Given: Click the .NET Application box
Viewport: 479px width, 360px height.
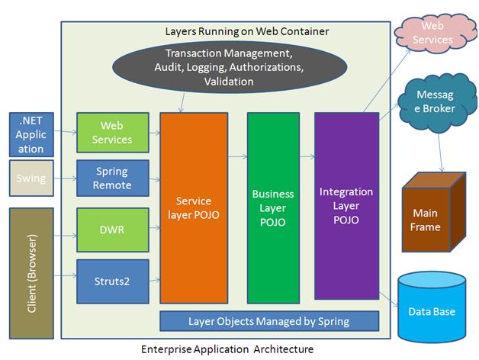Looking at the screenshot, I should tap(31, 133).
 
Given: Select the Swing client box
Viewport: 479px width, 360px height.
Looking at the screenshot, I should tap(31, 178).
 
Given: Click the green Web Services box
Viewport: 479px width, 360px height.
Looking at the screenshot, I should tap(112, 133).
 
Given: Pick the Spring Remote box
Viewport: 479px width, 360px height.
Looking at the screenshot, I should tap(112, 178).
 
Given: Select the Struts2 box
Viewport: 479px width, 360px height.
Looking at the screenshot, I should tap(112, 281).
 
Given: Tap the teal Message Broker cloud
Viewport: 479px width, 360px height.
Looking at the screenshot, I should tap(435, 102).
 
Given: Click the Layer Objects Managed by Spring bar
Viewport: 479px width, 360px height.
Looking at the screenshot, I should tap(269, 320).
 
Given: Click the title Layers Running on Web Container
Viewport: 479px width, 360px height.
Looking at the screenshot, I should tap(236, 32).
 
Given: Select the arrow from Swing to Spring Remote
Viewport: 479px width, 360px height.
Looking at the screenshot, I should tap(66, 180).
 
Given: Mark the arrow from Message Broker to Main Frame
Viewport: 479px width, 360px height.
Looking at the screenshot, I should tap(440, 150).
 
